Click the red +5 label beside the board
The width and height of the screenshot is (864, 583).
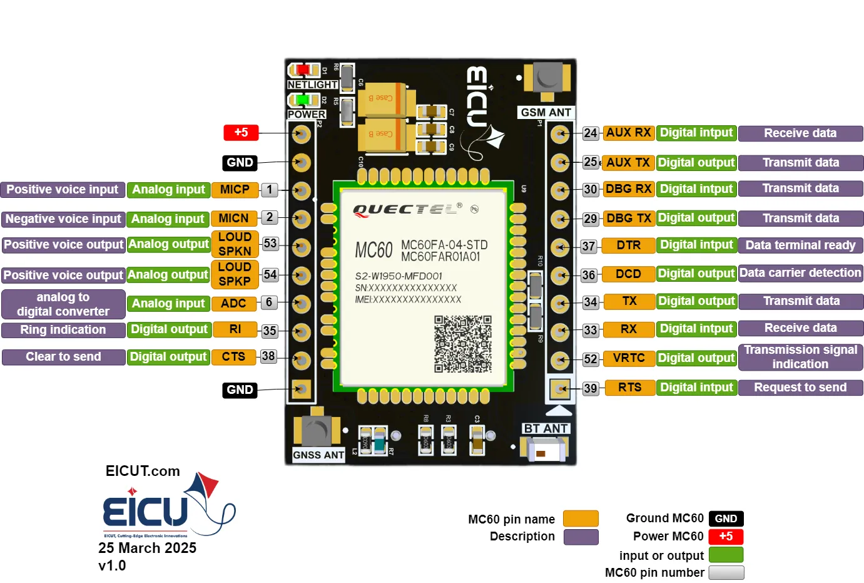(x=241, y=133)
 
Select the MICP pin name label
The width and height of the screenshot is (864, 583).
(x=235, y=190)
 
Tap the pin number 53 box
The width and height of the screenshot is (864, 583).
(x=270, y=244)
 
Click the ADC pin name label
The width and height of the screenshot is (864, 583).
(x=233, y=304)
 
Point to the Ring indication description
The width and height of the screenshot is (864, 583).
(x=63, y=330)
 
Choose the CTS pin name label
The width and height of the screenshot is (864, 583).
(x=233, y=357)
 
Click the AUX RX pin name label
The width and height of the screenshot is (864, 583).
(x=628, y=133)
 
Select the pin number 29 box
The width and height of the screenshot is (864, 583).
(x=590, y=219)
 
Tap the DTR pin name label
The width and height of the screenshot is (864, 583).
(x=628, y=245)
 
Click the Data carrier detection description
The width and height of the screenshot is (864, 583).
(x=800, y=273)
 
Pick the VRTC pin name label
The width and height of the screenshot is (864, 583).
(x=628, y=358)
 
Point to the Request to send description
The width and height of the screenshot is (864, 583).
(x=800, y=388)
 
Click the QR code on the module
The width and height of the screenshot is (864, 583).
(x=463, y=344)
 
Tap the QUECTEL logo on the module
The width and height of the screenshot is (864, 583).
(x=407, y=210)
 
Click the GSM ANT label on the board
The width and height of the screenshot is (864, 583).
(x=546, y=113)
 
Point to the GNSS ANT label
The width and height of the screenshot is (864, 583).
(x=318, y=455)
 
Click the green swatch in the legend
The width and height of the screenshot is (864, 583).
(x=726, y=555)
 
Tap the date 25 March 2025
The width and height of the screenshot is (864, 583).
(x=147, y=548)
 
